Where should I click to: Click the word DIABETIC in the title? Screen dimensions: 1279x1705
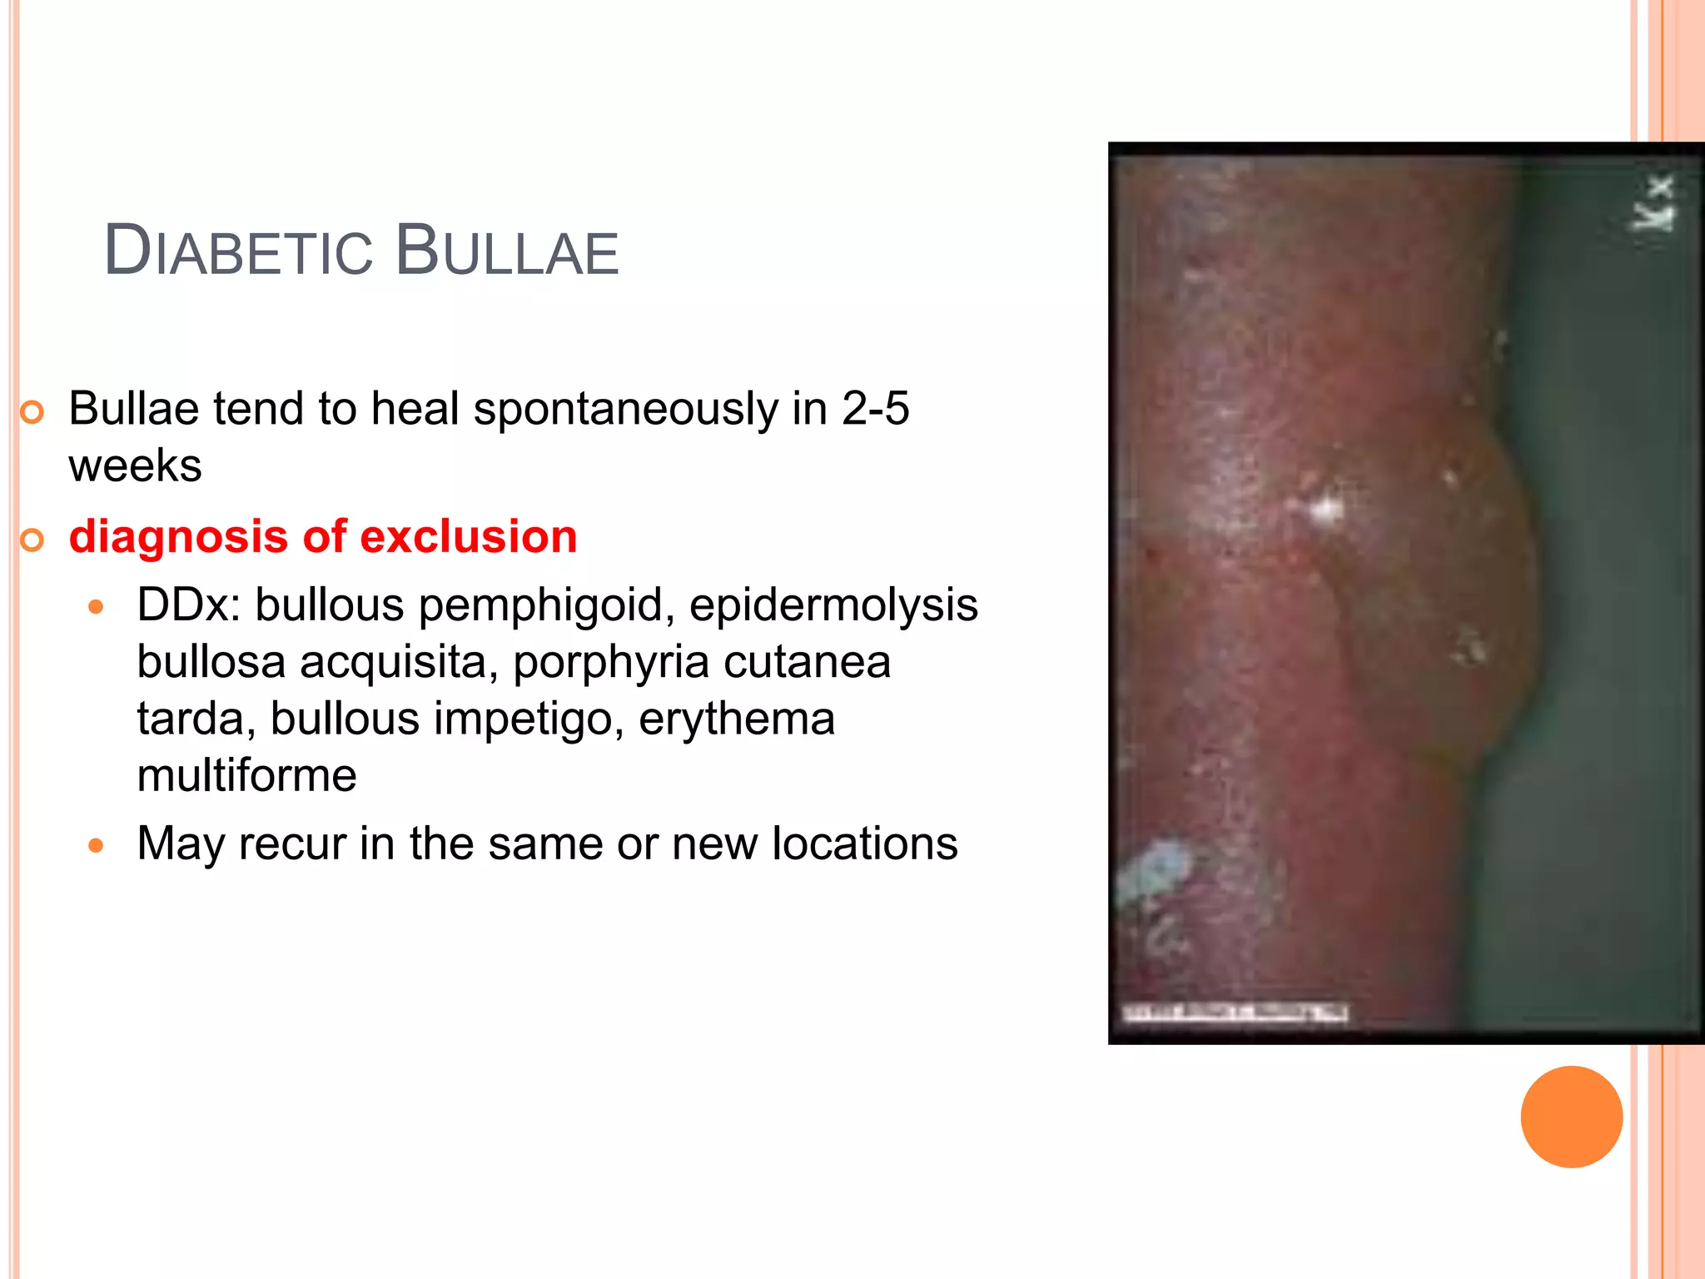coord(238,251)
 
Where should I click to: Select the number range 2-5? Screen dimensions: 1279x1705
coord(875,409)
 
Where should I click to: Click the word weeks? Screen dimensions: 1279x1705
coord(135,465)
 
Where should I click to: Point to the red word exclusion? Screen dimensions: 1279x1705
coord(469,536)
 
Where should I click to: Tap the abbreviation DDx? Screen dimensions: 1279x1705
coord(188,605)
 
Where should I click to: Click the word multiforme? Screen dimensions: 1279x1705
coord(246,776)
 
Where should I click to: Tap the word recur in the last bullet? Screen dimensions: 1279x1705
coord(291,844)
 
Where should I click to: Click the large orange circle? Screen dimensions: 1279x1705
coord(1571,1117)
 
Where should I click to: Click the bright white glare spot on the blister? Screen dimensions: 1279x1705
coord(1325,508)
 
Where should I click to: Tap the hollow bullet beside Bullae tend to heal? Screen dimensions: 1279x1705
coord(32,412)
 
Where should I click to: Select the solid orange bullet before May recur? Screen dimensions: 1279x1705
coord(97,847)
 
